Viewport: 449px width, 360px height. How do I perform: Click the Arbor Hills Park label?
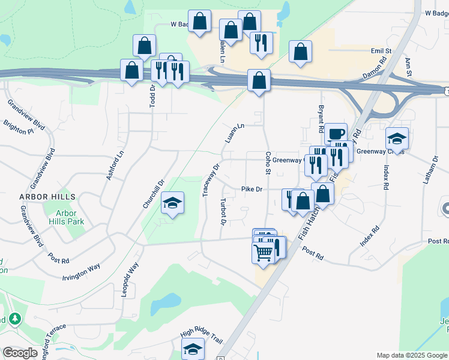click(70, 217)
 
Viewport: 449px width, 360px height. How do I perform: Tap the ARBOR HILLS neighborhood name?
click(47, 197)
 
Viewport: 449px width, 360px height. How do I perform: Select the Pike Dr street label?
click(253, 189)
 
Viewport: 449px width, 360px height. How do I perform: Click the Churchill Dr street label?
click(153, 194)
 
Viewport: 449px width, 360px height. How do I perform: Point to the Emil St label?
click(381, 51)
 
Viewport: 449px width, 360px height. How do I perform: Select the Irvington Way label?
click(81, 272)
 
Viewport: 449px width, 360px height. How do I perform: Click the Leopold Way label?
click(130, 280)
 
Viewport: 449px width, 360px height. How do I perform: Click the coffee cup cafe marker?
click(336, 133)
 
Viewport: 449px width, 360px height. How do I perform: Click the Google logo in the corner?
click(20, 353)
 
